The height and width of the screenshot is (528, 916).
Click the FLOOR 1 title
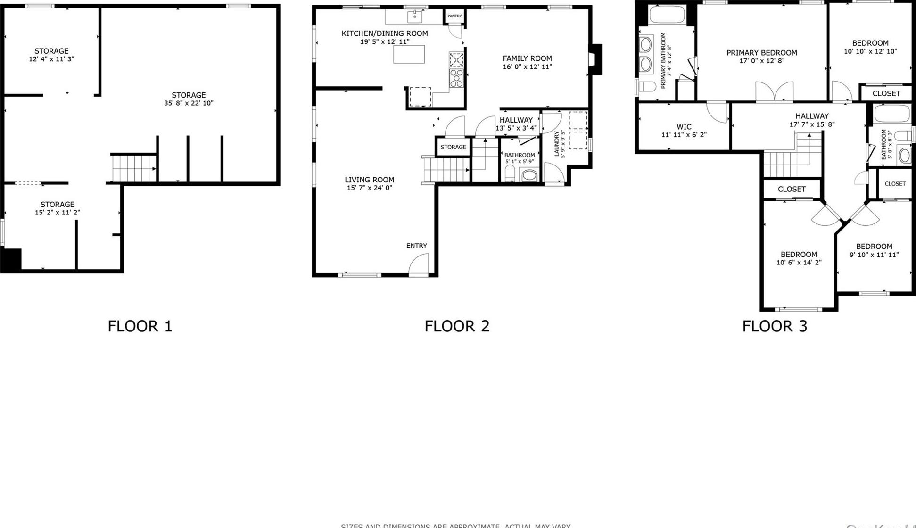click(140, 326)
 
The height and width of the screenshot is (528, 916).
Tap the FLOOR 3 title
click(775, 326)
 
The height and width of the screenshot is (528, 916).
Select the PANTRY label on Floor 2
click(454, 16)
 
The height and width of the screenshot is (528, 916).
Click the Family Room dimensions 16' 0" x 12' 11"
click(527, 67)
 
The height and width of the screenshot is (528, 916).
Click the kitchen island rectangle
click(409, 54)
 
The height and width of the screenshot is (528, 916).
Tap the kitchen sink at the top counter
click(415, 16)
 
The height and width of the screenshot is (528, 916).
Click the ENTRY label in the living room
click(416, 246)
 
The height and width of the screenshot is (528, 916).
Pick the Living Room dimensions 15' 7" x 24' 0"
click(369, 188)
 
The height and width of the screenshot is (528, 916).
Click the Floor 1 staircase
click(134, 168)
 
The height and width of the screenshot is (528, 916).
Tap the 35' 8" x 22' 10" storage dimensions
click(189, 103)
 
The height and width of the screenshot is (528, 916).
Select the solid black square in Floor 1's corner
click(11, 259)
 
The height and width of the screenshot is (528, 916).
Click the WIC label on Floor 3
click(684, 127)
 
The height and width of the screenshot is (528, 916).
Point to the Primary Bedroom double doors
click(774, 91)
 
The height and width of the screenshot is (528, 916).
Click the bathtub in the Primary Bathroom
click(667, 15)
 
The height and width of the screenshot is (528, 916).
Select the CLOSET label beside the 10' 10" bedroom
click(886, 93)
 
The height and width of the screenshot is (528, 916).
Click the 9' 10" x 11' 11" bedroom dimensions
click(874, 255)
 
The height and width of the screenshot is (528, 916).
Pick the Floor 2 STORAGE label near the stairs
click(453, 147)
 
